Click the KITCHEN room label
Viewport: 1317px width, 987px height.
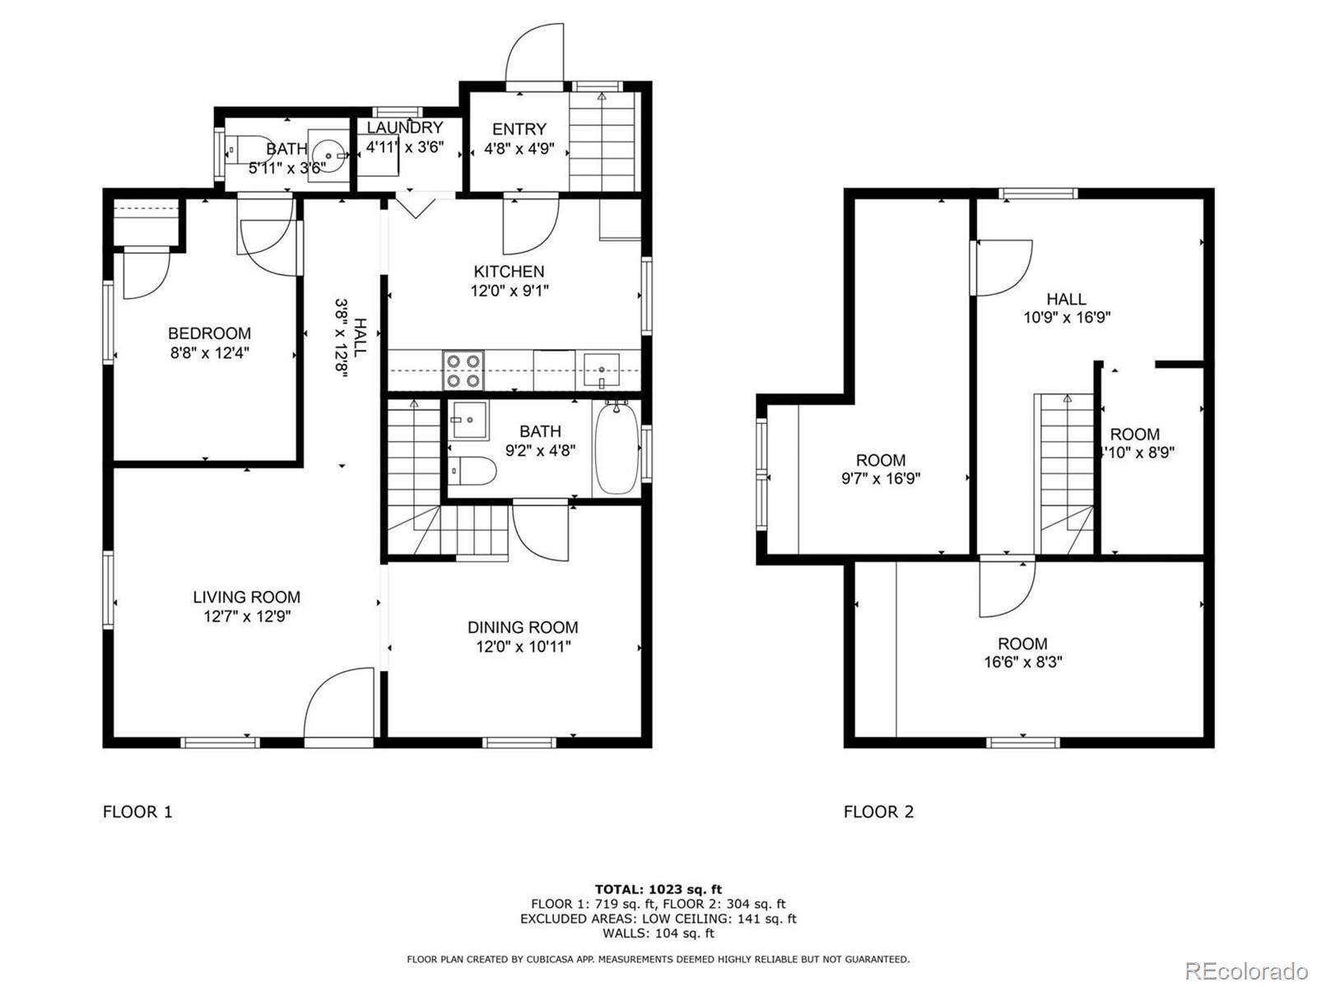click(x=509, y=271)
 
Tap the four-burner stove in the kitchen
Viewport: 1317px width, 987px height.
click(x=463, y=370)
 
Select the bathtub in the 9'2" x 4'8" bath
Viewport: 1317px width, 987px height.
click(x=617, y=449)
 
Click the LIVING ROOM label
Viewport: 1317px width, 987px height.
click(x=247, y=597)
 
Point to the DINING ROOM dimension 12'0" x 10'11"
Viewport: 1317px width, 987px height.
click(x=523, y=647)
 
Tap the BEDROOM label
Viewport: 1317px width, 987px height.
click(x=209, y=333)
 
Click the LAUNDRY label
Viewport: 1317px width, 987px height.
click(x=404, y=128)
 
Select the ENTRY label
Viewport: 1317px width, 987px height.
click(x=519, y=129)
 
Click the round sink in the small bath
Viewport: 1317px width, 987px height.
click(x=328, y=156)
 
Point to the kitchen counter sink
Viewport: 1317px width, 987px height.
click(x=601, y=370)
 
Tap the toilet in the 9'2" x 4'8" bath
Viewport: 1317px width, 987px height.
click(x=473, y=470)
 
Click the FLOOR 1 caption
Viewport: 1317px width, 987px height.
click(x=137, y=812)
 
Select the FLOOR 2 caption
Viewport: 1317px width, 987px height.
click(x=878, y=812)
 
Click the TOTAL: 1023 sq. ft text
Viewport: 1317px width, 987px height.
click(x=658, y=889)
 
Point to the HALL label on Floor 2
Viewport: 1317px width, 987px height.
click(x=1066, y=299)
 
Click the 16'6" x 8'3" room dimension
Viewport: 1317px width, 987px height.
click(x=1023, y=662)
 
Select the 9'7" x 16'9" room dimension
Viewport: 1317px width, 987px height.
click(x=880, y=478)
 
